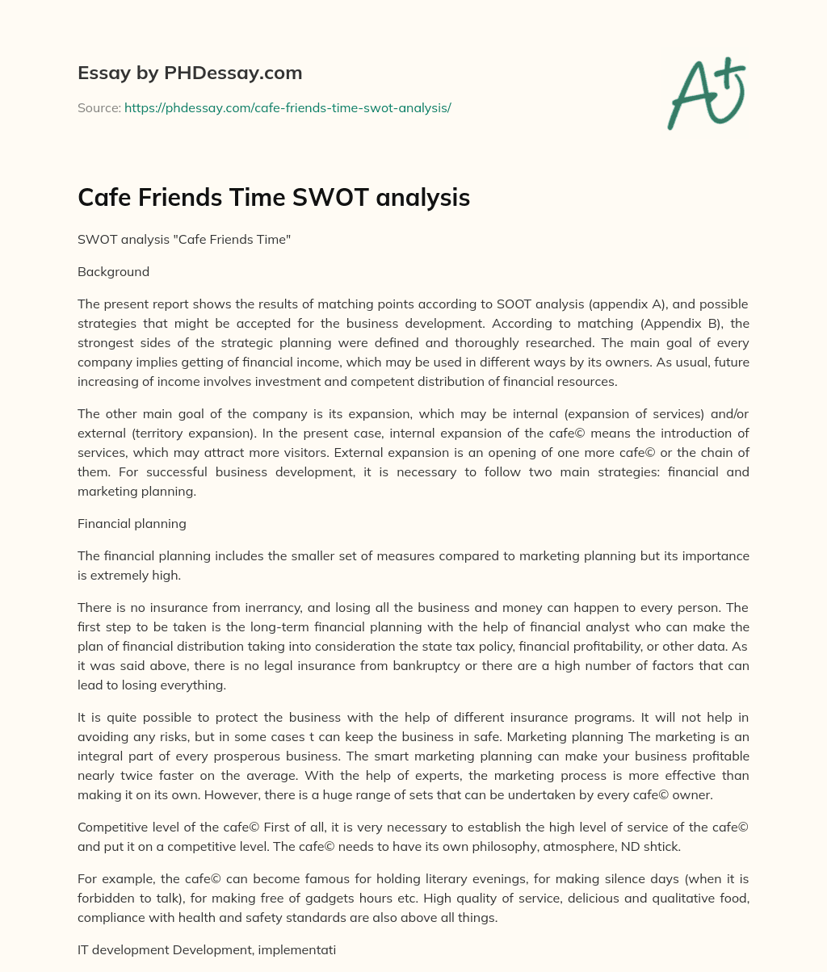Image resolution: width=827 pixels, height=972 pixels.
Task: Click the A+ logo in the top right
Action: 706,93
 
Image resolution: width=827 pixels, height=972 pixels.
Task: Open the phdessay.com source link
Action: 288,107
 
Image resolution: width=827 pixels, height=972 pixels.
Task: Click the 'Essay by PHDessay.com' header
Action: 190,73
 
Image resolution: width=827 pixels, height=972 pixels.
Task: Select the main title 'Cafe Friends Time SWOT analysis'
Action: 274,197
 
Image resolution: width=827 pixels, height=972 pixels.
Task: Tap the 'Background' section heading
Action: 113,271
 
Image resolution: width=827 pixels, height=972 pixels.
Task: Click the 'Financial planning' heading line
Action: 132,523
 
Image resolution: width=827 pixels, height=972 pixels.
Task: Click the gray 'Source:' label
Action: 99,107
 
